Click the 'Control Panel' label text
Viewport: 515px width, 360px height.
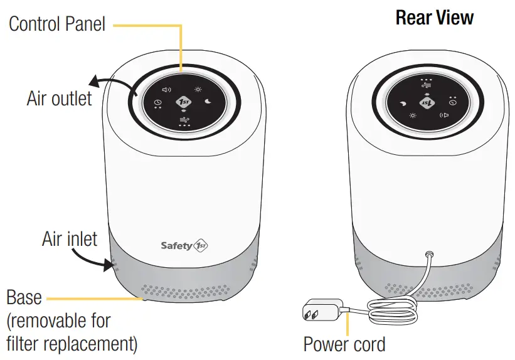57,25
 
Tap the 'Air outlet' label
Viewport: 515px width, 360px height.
60,98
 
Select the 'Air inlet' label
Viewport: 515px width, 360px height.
70,238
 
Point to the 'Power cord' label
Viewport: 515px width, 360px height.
344,344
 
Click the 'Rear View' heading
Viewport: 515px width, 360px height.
434,18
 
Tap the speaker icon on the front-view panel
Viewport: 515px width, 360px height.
166,90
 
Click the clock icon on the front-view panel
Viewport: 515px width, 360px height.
158,103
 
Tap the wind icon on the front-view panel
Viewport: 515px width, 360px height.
184,119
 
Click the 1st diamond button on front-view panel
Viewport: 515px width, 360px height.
183,101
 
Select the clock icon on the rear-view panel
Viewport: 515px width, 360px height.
452,102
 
